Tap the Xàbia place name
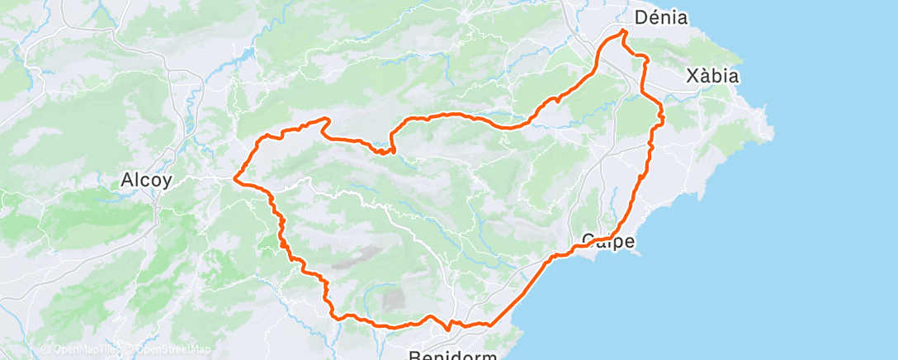[712, 76]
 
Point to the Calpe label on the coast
[608, 241]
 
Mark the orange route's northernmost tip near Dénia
[623, 31]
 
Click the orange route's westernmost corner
[237, 177]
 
